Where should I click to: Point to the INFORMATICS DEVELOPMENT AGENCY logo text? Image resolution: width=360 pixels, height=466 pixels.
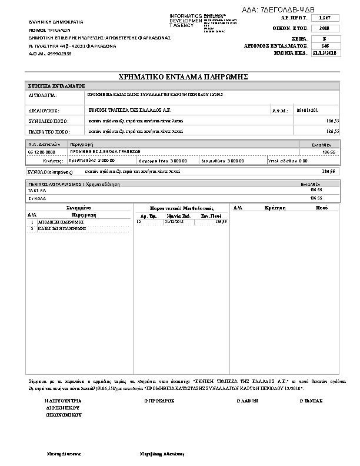click(x=185, y=20)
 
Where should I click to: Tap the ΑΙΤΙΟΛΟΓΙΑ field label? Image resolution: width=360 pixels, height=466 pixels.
click(x=42, y=95)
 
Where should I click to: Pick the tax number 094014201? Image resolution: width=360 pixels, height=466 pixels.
click(x=308, y=110)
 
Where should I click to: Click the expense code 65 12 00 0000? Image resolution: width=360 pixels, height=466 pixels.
click(x=42, y=151)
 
